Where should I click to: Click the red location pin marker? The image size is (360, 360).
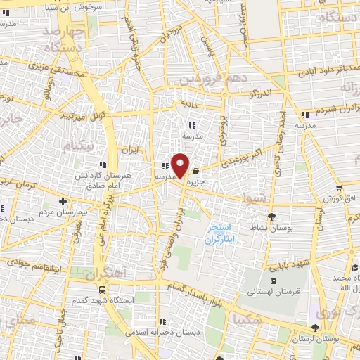tap(180, 166)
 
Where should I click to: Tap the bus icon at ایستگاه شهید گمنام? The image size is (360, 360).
tap(103, 290)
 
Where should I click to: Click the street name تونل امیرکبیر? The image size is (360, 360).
tap(83, 115)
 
